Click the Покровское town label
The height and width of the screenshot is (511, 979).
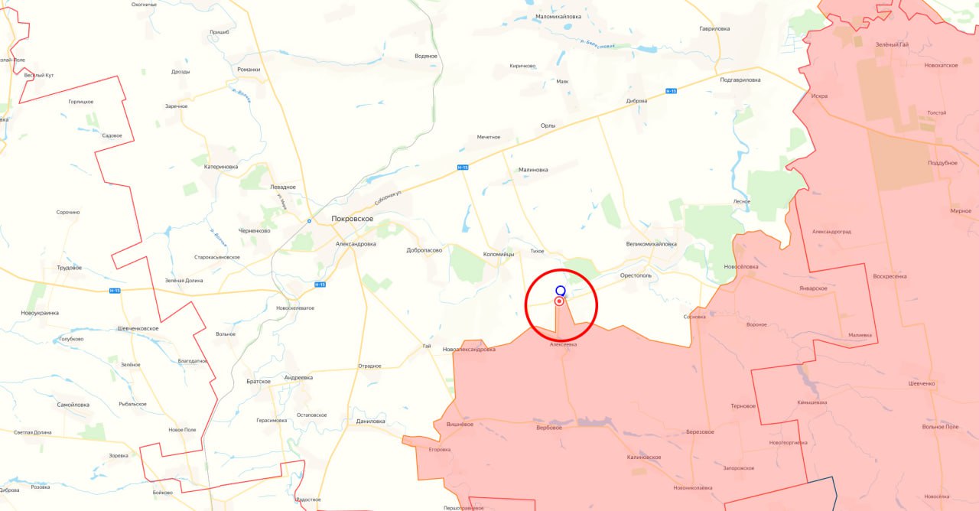(352, 219)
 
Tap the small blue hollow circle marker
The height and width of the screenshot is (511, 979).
(561, 291)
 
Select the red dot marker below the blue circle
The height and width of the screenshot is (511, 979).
(559, 301)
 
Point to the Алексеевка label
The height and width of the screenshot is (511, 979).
(563, 344)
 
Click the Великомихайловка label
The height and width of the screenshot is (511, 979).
(651, 244)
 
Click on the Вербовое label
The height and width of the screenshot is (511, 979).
(548, 428)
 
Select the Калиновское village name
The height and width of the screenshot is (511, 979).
(643, 457)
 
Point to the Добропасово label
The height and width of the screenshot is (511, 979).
(424, 249)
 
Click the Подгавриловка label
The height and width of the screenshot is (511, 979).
(740, 80)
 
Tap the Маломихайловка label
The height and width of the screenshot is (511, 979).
(558, 16)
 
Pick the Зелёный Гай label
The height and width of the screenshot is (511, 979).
(893, 44)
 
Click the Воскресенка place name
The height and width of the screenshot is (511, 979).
(890, 275)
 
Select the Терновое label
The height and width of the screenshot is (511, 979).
(743, 405)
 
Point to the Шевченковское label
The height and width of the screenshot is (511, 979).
(138, 328)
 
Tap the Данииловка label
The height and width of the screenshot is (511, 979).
(371, 421)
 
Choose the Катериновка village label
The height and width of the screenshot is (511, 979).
(221, 166)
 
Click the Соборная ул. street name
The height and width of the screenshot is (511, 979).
(389, 197)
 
